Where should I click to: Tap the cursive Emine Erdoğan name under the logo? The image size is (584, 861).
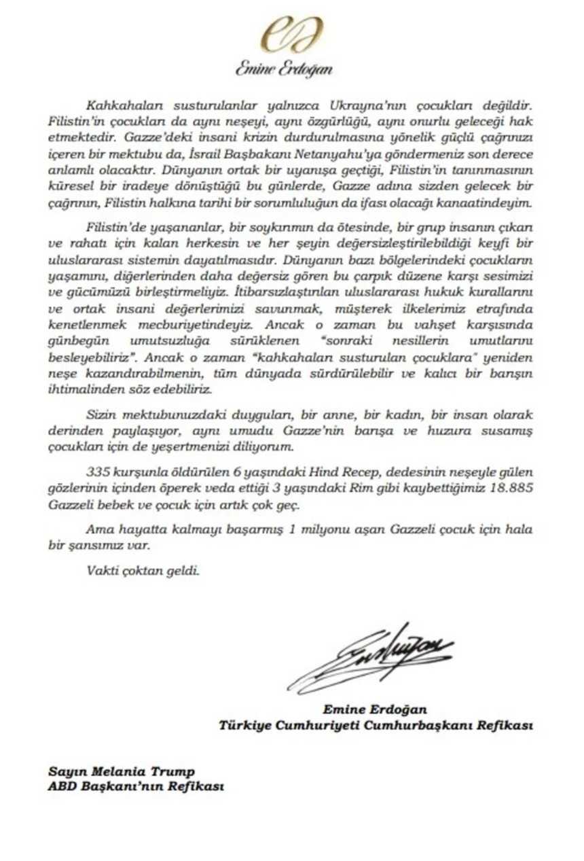coord(284,69)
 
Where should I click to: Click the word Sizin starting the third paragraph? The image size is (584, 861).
coord(101,415)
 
